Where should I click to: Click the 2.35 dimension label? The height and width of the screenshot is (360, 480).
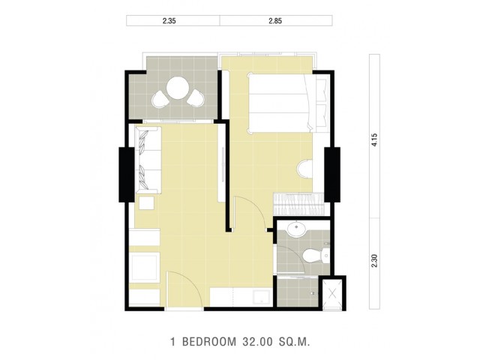tap(169, 21)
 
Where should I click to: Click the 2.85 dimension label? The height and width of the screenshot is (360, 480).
tap(275, 21)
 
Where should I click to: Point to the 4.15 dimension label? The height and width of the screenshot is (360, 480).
tap(374, 140)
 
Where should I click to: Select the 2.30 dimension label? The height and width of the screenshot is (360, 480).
tap(374, 261)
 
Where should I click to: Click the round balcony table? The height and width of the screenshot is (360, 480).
tap(178, 88)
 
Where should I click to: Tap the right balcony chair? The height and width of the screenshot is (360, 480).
tap(196, 98)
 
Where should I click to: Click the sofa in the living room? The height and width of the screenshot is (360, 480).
tap(148, 160)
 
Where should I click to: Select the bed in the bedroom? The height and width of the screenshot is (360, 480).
tap(288, 103)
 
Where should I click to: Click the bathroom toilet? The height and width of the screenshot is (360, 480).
tap(316, 255)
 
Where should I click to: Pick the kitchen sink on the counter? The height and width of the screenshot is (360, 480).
tap(262, 297)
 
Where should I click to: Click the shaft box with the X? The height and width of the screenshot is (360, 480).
tap(332, 293)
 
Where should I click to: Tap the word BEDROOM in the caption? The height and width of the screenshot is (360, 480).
tap(209, 342)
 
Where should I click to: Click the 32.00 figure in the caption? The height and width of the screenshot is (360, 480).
tap(257, 342)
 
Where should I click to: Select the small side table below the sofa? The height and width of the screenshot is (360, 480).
tap(146, 203)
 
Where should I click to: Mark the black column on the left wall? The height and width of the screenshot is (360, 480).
tap(127, 175)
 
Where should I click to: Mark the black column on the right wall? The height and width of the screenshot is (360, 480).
tap(332, 175)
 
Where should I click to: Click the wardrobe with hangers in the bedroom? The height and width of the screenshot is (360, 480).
tap(298, 203)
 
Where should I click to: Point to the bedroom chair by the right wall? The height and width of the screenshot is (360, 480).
tap(305, 169)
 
